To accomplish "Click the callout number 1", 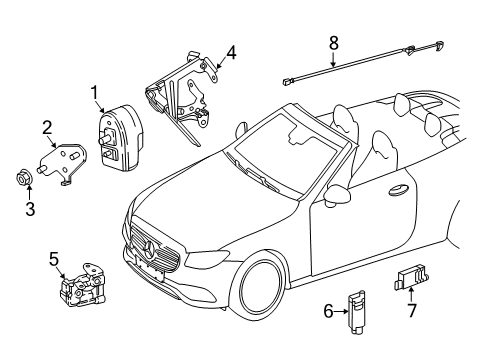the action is point(95,92).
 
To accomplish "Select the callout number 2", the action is point(47,128).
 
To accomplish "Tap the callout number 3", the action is point(30,209).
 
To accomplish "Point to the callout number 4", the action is point(231,53).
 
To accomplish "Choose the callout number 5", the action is point(54,259).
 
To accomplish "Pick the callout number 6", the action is point(328,311).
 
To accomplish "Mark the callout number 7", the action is point(412,310).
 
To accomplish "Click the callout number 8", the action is point(334,43).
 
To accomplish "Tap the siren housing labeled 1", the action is point(121,138).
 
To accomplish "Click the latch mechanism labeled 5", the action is point(83,285).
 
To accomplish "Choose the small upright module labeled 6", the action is point(356,311).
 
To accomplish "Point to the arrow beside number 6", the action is point(341,312).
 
